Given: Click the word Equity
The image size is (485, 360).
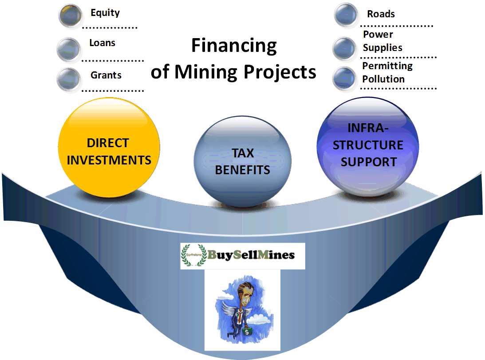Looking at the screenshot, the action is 105,13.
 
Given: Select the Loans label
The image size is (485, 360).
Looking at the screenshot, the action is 102,43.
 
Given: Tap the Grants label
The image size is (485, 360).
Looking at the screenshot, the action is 106,75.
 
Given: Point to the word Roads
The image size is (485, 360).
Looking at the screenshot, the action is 381,14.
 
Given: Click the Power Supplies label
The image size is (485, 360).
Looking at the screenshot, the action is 382,41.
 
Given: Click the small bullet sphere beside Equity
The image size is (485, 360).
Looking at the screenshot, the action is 71,15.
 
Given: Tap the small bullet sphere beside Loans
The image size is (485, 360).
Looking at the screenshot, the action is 69,49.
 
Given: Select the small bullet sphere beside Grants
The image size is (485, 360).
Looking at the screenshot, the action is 69,79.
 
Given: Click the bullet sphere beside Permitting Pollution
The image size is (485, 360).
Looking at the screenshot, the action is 344,78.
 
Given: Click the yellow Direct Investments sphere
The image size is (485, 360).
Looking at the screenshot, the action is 109,148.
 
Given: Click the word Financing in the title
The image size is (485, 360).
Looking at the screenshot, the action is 234,46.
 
